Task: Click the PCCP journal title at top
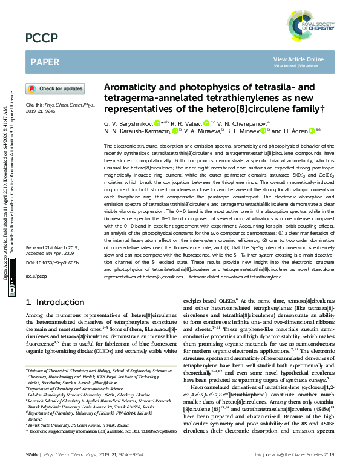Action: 41,39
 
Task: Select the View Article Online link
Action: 298,59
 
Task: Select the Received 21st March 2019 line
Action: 53,248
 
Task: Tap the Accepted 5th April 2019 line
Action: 51,254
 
